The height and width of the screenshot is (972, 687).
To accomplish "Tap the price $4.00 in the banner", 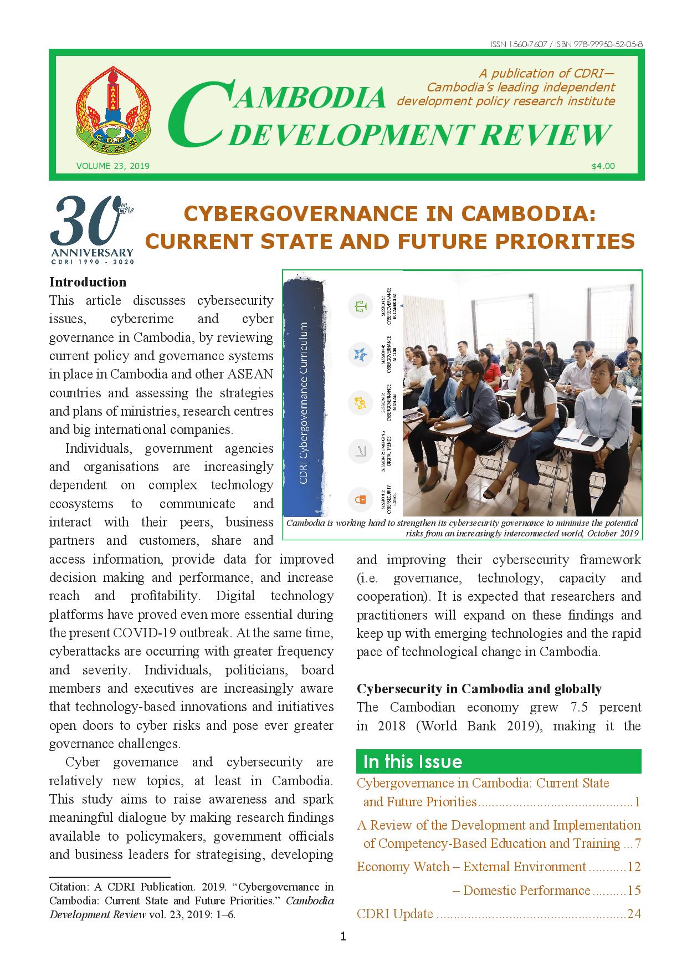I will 603,166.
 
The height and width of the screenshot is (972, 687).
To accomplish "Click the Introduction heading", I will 88,282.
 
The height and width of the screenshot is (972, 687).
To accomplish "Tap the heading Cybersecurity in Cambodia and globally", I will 479,689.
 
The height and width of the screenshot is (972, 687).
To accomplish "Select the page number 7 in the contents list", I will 637,843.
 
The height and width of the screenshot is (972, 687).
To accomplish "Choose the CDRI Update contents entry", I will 395,913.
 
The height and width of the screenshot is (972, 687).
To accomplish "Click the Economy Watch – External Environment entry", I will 471,867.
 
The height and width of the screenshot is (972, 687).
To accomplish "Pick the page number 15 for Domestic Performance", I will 634,891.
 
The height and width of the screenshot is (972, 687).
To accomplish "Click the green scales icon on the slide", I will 361,306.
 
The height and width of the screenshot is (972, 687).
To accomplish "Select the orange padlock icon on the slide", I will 361,499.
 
